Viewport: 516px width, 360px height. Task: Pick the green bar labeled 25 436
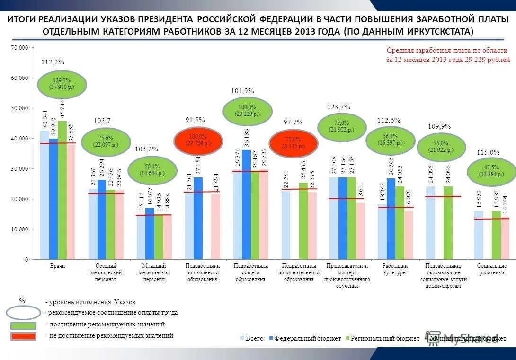303,220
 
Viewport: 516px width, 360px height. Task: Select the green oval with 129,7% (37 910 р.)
62,84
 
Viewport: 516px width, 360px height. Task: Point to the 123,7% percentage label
339,107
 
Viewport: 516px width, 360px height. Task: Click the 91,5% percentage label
195,120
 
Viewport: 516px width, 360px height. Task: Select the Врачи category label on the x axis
57,266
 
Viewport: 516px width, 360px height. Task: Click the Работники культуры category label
394,269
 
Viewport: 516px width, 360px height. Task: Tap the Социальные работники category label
492,269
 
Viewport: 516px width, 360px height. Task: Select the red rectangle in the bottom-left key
23,336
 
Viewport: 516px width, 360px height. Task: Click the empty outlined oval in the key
24,313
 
